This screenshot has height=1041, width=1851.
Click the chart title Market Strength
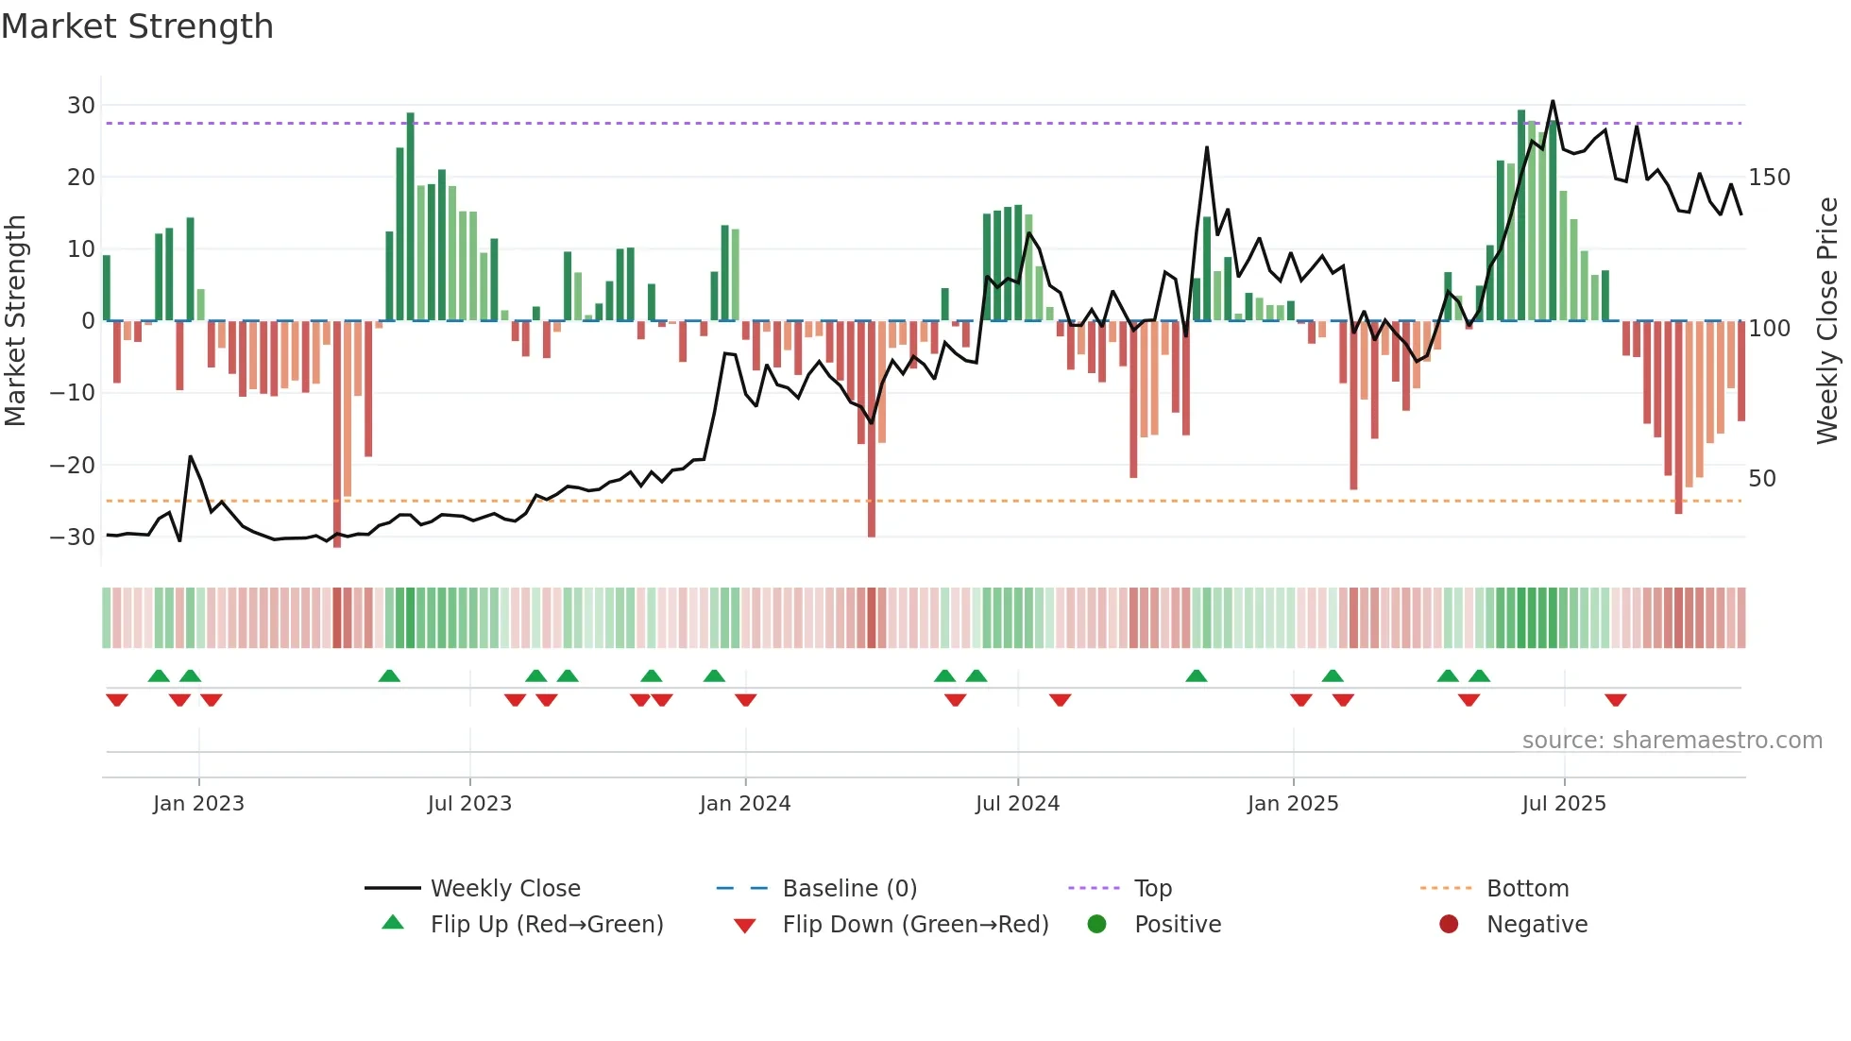(x=137, y=26)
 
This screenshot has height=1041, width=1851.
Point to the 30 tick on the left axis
(x=81, y=105)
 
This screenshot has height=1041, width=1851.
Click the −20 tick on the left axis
(x=73, y=465)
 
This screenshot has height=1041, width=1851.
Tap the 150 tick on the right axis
(x=1769, y=178)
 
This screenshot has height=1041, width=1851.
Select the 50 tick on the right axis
(x=1762, y=478)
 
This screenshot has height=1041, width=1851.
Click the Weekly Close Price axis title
(x=1827, y=321)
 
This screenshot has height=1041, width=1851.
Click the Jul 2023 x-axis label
(x=469, y=804)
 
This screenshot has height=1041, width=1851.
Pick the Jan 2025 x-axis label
(x=1293, y=804)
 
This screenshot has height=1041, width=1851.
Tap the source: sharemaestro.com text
(x=1672, y=741)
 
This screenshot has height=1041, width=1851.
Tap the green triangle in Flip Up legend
(x=393, y=923)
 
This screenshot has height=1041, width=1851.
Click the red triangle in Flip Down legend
(x=744, y=926)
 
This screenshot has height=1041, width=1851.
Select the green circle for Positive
(x=1096, y=924)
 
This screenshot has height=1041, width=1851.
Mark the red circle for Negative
(x=1449, y=924)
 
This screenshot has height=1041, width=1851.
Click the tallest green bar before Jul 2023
(x=411, y=217)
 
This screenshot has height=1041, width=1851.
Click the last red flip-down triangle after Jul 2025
(x=1615, y=700)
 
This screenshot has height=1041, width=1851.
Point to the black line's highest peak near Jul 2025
(x=1553, y=102)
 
